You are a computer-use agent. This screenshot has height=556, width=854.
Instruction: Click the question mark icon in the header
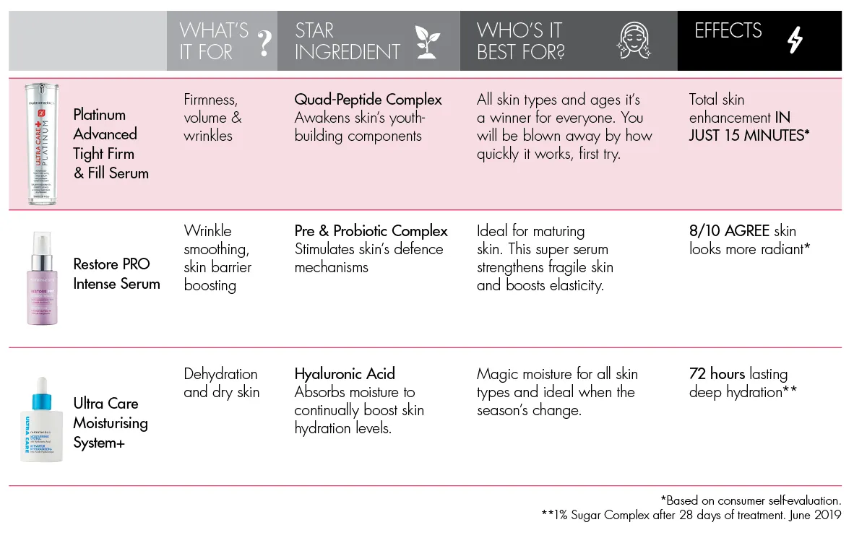point(265,43)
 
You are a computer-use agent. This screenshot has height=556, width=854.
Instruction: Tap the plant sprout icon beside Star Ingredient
point(427,42)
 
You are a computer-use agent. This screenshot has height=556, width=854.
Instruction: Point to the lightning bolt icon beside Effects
point(795,41)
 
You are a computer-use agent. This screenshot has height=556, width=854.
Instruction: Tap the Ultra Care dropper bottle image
point(43,419)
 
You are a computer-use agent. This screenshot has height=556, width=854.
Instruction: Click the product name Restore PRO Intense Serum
point(116,274)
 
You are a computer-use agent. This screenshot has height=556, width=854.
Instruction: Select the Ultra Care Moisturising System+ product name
point(110,423)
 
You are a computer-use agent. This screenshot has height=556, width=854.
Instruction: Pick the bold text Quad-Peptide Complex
point(368,100)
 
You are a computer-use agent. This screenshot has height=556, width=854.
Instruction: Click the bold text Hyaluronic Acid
point(345,374)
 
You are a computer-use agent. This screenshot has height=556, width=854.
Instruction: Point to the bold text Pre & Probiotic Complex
point(371,231)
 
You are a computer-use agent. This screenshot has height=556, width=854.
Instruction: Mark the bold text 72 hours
point(717,374)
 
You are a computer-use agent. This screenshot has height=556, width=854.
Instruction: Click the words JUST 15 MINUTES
point(747,135)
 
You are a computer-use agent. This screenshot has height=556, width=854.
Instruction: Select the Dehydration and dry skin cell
point(221,383)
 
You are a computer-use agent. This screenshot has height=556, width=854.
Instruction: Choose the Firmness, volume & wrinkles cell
point(212,117)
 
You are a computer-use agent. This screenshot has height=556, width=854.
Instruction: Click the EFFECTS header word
point(728,31)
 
